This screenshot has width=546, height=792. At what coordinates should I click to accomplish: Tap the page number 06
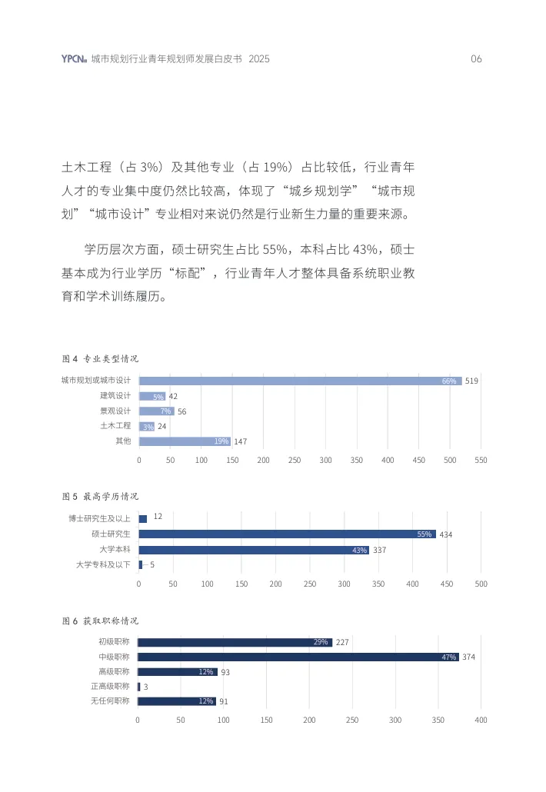click(x=476, y=59)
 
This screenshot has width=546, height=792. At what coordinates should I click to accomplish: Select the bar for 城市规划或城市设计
click(x=300, y=381)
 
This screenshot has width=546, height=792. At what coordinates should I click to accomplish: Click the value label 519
click(x=472, y=381)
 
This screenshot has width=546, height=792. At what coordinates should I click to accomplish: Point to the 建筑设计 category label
click(x=115, y=396)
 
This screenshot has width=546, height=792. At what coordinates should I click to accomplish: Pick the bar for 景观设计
click(x=157, y=411)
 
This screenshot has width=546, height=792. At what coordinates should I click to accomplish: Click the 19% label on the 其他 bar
click(x=221, y=441)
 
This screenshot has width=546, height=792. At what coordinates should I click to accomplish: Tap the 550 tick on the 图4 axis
click(x=481, y=459)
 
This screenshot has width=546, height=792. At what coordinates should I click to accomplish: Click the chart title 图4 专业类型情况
click(x=100, y=358)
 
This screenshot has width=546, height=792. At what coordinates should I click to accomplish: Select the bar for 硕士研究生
click(x=287, y=534)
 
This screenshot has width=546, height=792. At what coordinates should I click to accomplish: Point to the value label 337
click(x=379, y=550)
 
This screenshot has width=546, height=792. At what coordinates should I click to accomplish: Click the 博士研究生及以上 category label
click(x=99, y=519)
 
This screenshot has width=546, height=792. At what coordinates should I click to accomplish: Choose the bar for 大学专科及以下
click(x=141, y=565)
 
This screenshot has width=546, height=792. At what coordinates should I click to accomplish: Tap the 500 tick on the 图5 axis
click(x=481, y=584)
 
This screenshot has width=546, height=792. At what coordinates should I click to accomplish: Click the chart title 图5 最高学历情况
click(x=100, y=496)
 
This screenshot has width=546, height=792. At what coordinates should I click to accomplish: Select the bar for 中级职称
click(x=298, y=657)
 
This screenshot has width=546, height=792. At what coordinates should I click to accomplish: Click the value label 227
click(x=342, y=642)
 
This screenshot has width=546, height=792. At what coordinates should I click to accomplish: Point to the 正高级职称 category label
click(x=110, y=687)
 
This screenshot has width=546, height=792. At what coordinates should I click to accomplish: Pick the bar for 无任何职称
click(x=176, y=701)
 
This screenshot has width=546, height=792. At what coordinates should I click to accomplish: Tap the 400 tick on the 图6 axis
click(x=481, y=720)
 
